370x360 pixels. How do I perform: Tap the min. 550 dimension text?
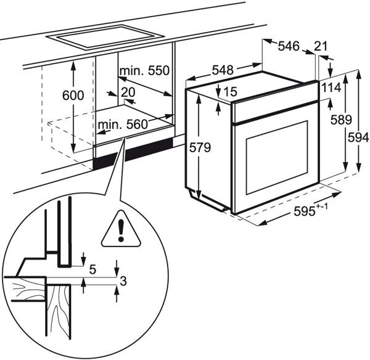(x=144, y=72)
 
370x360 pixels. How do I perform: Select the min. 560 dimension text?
(x=122, y=125)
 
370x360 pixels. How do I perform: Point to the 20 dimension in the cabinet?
(x=128, y=91)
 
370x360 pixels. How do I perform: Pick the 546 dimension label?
(x=287, y=46)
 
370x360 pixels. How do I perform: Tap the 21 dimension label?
(x=321, y=46)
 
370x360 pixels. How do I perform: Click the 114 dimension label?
(x=330, y=89)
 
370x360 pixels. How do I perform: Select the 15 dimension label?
(x=229, y=92)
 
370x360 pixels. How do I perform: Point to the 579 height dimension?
(x=201, y=148)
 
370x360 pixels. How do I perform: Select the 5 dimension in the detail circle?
(x=92, y=269)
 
